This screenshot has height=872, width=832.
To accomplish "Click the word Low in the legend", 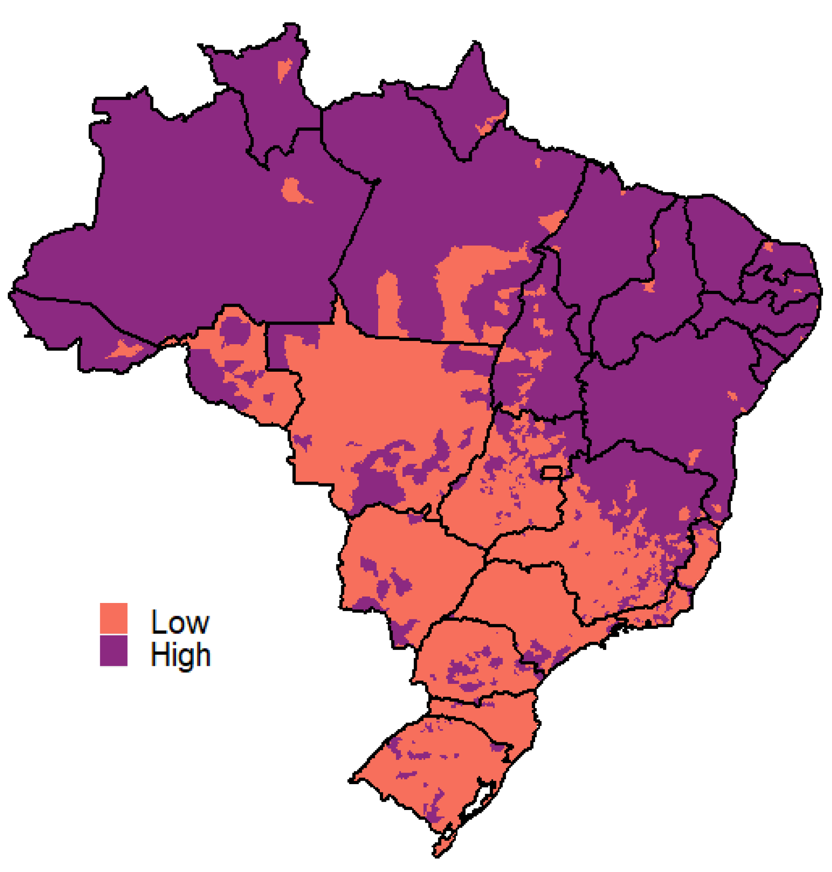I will click(x=179, y=622).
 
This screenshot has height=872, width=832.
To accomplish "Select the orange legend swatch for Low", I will click(x=113, y=618).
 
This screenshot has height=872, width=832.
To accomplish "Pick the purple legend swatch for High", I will click(x=113, y=651).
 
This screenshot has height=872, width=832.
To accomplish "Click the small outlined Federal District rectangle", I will click(x=551, y=472).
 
